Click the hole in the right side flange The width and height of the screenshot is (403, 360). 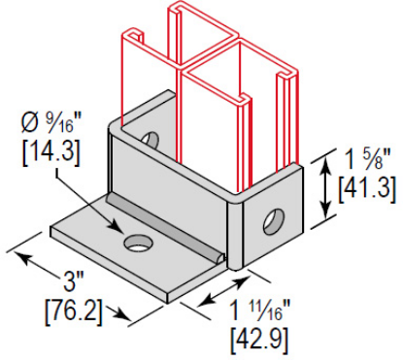pos(274,222)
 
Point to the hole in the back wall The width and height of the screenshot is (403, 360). pos(150,140)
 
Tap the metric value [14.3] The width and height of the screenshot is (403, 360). pos(50,154)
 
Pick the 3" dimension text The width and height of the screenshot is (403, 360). pos(73,282)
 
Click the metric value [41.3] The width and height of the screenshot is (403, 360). pos(367,190)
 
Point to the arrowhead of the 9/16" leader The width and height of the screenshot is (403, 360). pos(117,227)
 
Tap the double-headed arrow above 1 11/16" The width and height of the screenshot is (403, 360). pos(221,291)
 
